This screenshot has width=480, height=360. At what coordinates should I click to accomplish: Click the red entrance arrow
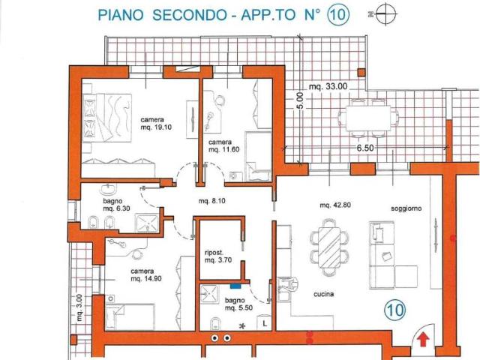[x=423, y=340]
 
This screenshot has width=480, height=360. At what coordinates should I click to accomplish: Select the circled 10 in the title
[x=338, y=14]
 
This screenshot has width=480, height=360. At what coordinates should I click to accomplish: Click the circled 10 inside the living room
[x=395, y=310]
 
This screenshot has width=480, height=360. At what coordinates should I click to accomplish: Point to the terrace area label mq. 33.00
[x=328, y=87]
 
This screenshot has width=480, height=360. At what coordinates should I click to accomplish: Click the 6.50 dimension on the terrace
[x=365, y=148]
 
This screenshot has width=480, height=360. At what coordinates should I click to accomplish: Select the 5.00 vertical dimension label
[x=300, y=100]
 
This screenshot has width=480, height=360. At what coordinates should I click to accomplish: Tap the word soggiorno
[x=406, y=208]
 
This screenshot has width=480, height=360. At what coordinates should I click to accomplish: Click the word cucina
[x=323, y=294]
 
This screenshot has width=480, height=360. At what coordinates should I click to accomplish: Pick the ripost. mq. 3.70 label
[x=218, y=256]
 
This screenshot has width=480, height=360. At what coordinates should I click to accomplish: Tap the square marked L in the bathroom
[x=265, y=323]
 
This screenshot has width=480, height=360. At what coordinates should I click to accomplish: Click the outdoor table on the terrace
[x=368, y=118]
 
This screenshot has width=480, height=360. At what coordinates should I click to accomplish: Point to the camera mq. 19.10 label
[x=156, y=123]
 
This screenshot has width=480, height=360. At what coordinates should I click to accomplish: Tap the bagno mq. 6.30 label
[x=117, y=205]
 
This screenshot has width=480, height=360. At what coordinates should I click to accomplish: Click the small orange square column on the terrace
[x=361, y=72]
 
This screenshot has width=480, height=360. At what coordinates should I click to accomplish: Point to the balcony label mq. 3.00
[x=79, y=307]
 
